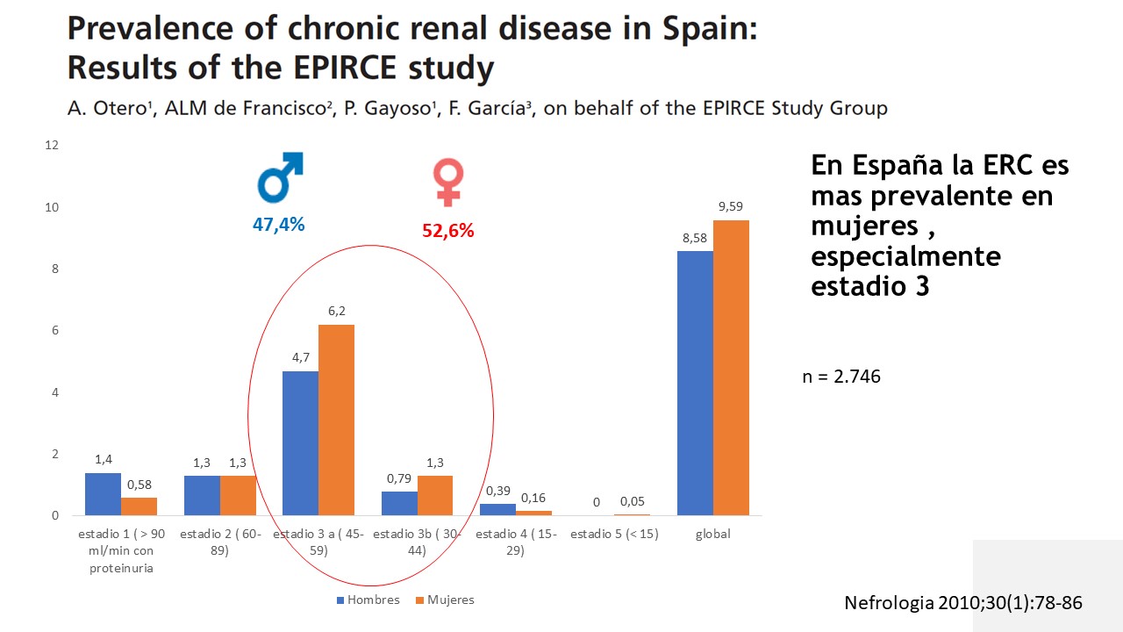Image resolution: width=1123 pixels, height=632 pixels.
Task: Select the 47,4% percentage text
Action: pos(278,225)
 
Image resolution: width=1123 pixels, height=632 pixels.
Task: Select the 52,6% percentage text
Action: pos(447,231)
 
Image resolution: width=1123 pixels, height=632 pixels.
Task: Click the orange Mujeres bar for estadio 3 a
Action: pos(336,420)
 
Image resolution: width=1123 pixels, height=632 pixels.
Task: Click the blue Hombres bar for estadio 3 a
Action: pos(300,442)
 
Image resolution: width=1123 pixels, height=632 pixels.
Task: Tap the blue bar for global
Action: pos(695,383)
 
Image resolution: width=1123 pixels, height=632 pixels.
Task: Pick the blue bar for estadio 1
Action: pos(103,493)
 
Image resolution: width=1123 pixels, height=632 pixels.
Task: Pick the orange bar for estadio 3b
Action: pos(435,495)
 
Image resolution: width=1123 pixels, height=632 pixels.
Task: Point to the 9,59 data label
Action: pos(730,207)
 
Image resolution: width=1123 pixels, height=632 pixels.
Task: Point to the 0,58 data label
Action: pos(139,485)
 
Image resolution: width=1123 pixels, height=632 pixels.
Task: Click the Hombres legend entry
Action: pos(368,600)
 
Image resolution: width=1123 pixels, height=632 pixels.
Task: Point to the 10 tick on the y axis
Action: pos(52,207)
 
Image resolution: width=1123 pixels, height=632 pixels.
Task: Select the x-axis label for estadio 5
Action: pos(614,534)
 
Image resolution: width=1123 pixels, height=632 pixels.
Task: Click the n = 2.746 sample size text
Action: pos(841,377)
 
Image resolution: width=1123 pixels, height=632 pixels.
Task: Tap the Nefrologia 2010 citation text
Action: pos(962,603)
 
